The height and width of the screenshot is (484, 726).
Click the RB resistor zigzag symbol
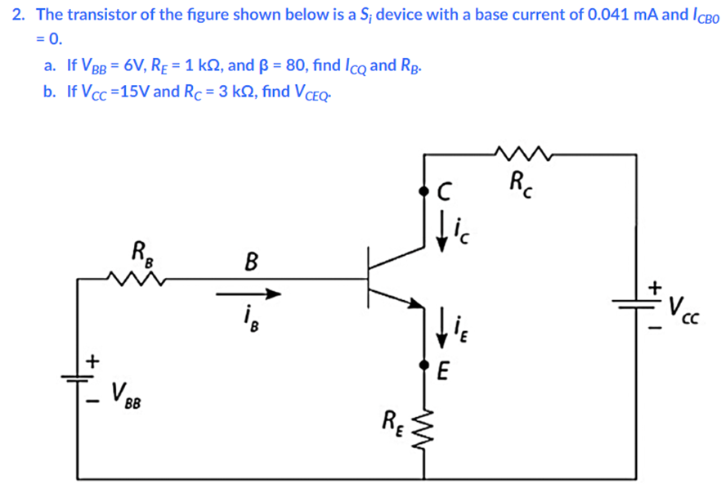click(137, 280)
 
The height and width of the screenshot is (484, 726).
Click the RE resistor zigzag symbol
click(424, 426)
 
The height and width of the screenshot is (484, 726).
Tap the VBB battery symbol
click(78, 379)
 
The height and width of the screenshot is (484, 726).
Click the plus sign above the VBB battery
click(92, 358)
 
